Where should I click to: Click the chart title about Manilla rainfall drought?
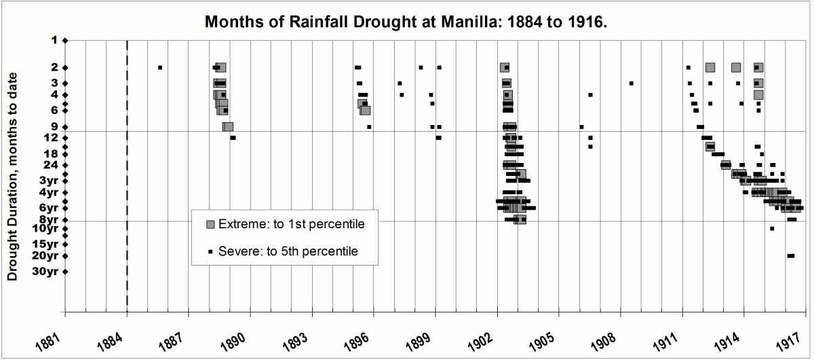click(x=406, y=21)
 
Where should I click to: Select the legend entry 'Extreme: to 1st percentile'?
click(x=286, y=223)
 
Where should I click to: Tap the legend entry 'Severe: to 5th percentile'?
click(x=286, y=251)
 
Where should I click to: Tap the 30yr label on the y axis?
click(x=46, y=271)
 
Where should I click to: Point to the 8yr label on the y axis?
click(x=49, y=219)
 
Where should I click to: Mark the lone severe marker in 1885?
click(x=160, y=67)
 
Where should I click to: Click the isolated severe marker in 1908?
click(x=631, y=83)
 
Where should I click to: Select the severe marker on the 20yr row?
click(x=790, y=255)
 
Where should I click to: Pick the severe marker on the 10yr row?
click(x=772, y=228)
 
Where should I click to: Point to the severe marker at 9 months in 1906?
click(x=581, y=126)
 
